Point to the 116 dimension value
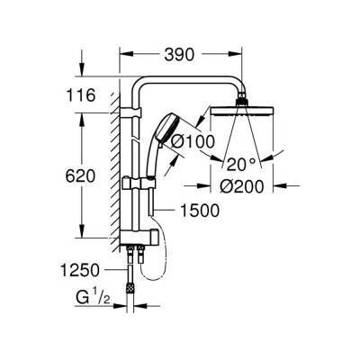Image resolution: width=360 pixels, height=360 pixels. pos(81,95)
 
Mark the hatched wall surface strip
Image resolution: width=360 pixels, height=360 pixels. pos(115,171)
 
